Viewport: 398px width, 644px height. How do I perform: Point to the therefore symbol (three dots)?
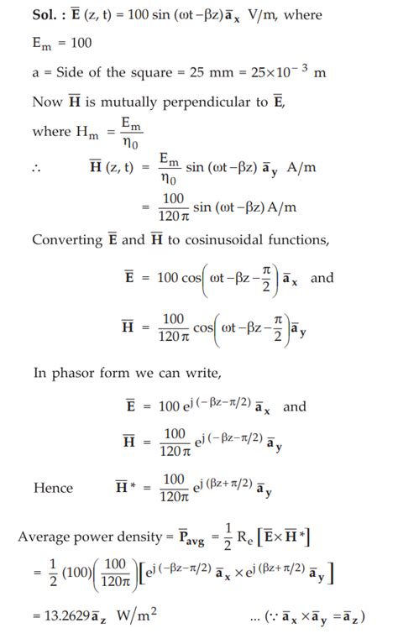click(x=37, y=169)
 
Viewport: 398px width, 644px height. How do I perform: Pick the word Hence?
click(x=53, y=488)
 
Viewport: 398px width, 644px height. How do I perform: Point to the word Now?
click(x=48, y=102)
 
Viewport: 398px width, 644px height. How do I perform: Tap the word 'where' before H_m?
click(x=51, y=132)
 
